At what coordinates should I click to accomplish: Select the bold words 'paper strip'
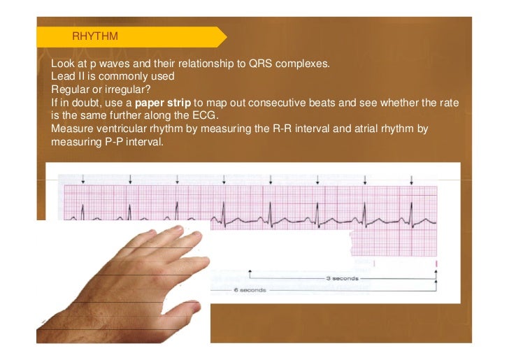pos(163,102)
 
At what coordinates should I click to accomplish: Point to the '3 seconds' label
pos(343,278)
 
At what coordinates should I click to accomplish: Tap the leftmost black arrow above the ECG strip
pos(83,180)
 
